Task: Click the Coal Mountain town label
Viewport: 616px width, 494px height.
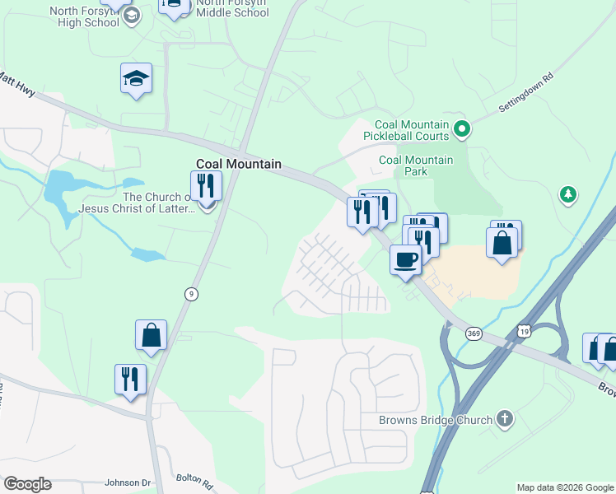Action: pyautogui.click(x=239, y=164)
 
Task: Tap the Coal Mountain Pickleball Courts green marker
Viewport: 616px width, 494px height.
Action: pyautogui.click(x=462, y=128)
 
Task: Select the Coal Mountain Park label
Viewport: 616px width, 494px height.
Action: pyautogui.click(x=415, y=165)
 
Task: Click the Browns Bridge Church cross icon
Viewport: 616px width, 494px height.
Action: pyautogui.click(x=505, y=420)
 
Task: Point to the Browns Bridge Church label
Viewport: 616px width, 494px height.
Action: pyautogui.click(x=436, y=420)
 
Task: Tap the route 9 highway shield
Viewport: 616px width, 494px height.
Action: pyautogui.click(x=191, y=294)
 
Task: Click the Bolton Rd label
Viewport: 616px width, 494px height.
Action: pyautogui.click(x=194, y=478)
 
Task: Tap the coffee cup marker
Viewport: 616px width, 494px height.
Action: pyautogui.click(x=404, y=261)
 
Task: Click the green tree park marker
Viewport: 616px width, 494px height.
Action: pyautogui.click(x=567, y=194)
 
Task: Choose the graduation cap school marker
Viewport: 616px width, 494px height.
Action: pyautogui.click(x=136, y=79)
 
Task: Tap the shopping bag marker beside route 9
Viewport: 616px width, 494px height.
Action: pyautogui.click(x=151, y=336)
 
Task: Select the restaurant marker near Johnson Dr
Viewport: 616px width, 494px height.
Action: pyautogui.click(x=130, y=380)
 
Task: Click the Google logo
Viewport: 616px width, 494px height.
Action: pyautogui.click(x=27, y=484)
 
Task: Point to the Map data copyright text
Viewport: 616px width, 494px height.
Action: pyautogui.click(x=564, y=487)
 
